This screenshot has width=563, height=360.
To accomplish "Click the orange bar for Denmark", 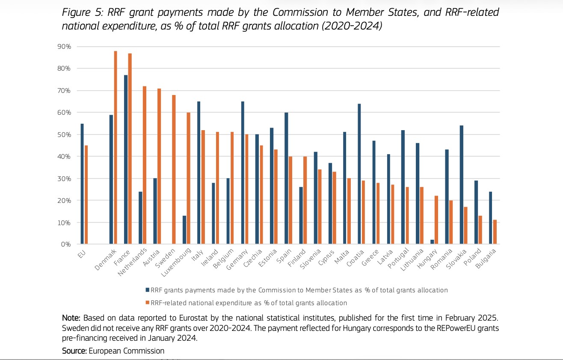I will pos(116,148).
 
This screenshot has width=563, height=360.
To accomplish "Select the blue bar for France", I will pos(126,160).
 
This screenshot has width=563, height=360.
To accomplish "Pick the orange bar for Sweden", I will pos(174,170).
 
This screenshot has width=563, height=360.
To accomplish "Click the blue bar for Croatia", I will pos(359,174).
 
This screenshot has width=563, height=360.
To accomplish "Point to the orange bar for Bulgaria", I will pos(495,232).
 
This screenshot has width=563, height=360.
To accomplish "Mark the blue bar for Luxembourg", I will pos(184,230).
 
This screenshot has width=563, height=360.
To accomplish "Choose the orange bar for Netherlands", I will pos(145,165).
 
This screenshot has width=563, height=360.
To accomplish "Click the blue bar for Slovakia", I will pos(462,185).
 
